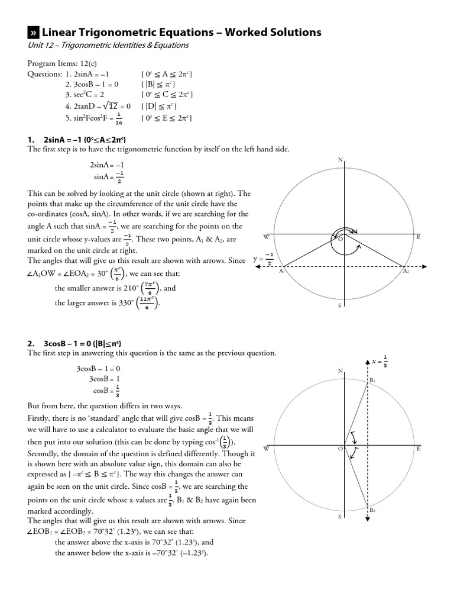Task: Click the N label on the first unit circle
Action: coord(340,160)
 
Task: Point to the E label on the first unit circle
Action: coord(419,237)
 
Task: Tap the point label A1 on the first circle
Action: coord(282,271)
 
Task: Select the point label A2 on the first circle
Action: coord(406,271)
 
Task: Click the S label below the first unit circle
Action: coord(339,306)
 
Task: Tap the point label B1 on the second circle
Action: coord(372,380)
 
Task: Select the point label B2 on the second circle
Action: coord(372,510)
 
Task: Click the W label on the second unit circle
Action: coord(266,449)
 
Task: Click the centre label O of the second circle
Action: coord(340,450)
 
